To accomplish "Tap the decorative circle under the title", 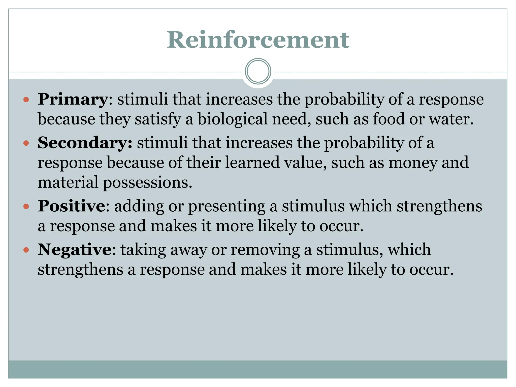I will point(258,71).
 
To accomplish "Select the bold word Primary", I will point(73,99).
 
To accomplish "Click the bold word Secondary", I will point(85,143).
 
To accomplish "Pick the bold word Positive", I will point(71,206).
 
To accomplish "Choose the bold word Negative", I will point(75,250).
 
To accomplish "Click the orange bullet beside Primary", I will point(26,100).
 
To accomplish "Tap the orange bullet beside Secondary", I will point(26,143).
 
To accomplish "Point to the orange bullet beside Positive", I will point(26,207).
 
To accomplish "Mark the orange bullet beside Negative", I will point(26,250).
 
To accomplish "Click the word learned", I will point(252,163).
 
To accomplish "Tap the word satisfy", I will point(158,119).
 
